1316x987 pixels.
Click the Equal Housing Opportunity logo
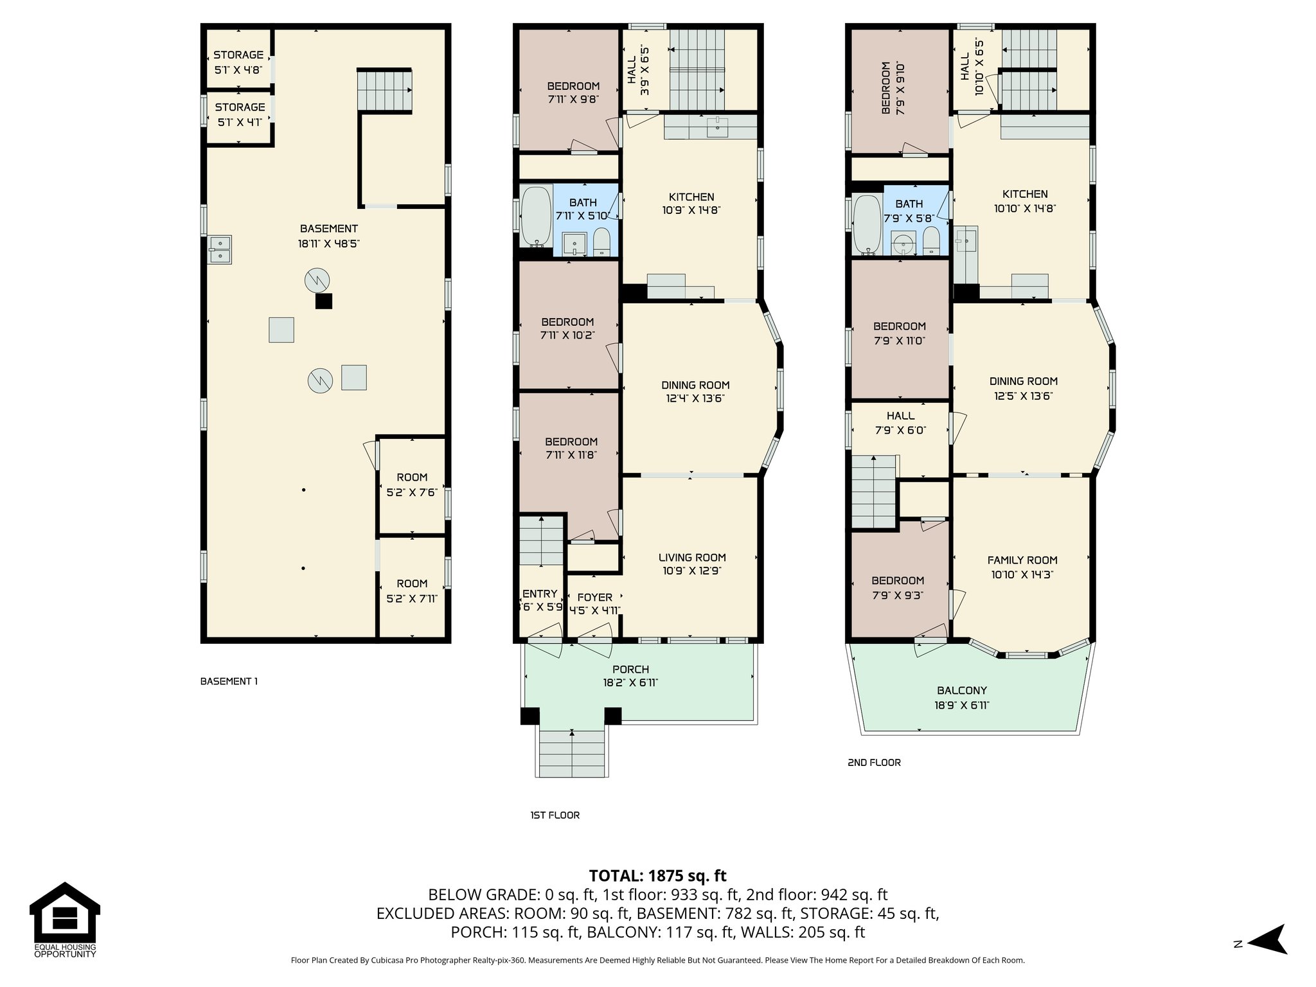[64, 920]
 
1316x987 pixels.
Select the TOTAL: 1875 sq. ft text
[657, 875]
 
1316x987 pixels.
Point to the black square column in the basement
[323, 301]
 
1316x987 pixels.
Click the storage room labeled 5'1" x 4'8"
[238, 62]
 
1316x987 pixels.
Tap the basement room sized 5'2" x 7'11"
[412, 590]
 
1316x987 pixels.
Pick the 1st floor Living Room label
[691, 564]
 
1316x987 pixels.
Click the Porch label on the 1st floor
[630, 675]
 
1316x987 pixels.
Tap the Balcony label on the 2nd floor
[961, 697]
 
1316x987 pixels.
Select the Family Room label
[1022, 566]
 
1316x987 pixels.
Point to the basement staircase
[384, 91]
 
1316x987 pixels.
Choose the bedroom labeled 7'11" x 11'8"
[571, 448]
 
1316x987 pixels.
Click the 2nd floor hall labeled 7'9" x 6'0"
[900, 422]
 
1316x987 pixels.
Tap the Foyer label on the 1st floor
[594, 603]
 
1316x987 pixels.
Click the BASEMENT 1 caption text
[229, 681]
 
